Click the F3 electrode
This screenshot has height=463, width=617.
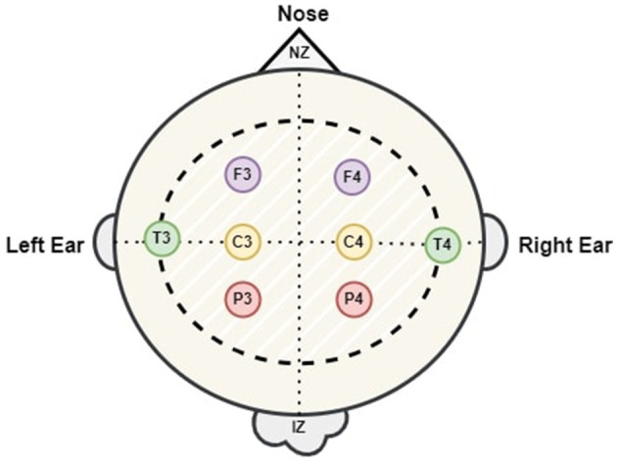click(243, 176)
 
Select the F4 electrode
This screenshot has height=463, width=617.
click(353, 177)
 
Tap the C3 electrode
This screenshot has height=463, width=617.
click(242, 241)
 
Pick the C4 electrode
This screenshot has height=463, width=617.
click(353, 241)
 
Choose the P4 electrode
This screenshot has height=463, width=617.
click(353, 300)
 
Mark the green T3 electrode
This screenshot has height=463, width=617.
click(161, 239)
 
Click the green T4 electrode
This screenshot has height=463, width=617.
click(443, 243)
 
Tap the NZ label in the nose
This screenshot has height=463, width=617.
click(299, 53)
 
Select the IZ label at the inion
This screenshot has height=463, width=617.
click(299, 426)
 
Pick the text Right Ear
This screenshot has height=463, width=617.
click(565, 244)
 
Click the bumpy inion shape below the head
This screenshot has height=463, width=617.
click(299, 431)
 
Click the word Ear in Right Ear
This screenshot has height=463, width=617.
click(593, 244)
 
